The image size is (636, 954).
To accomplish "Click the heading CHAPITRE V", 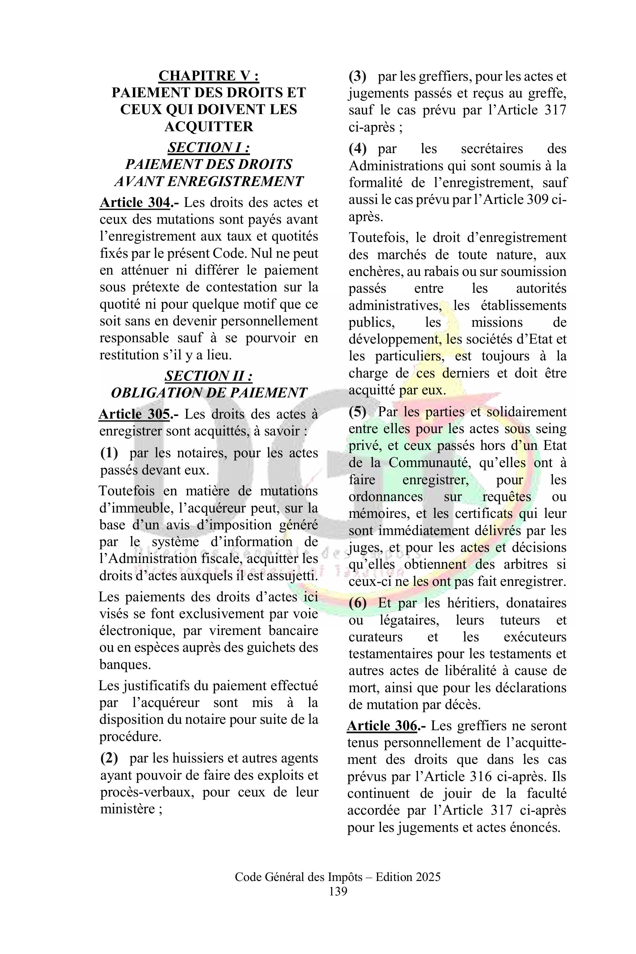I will pyautogui.click(x=209, y=76).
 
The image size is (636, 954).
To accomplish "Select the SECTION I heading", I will pyautogui.click(x=209, y=147).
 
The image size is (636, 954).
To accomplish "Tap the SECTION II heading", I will pyautogui.click(x=209, y=376).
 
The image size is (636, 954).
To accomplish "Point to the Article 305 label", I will pyautogui.click(x=134, y=414).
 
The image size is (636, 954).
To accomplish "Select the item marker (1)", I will pyautogui.click(x=109, y=453).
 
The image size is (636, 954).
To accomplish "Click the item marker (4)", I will pyautogui.click(x=357, y=149).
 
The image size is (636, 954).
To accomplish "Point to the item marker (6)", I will pyautogui.click(x=357, y=603).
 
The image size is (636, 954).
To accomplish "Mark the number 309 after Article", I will pyautogui.click(x=538, y=200).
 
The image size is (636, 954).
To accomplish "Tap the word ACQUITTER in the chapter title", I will pyautogui.click(x=209, y=127).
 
